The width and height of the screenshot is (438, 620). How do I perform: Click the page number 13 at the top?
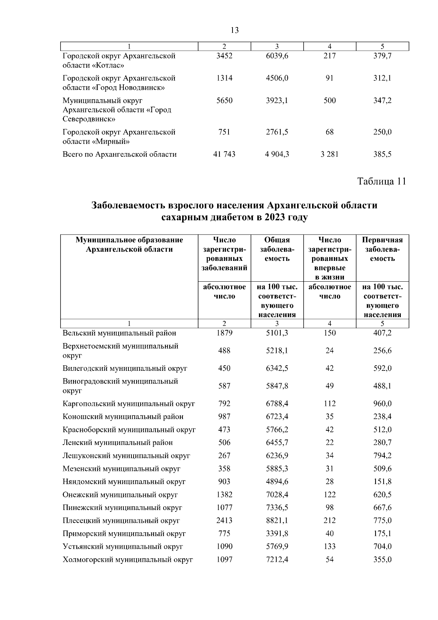point(235,30)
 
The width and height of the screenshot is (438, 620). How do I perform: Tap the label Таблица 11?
point(381,181)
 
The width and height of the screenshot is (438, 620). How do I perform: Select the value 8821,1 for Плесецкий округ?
point(277,521)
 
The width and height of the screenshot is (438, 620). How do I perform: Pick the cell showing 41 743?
point(224,154)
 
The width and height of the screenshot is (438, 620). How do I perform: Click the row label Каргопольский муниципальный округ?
point(129,404)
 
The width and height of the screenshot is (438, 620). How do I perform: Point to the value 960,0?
point(382,404)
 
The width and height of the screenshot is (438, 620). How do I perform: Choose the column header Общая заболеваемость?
point(277,249)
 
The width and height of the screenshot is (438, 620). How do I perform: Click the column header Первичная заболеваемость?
point(382,249)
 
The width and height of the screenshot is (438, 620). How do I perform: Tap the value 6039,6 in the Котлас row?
point(277,56)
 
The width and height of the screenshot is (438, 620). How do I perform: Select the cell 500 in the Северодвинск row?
point(330,100)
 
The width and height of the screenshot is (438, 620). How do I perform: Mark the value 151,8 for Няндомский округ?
point(382,482)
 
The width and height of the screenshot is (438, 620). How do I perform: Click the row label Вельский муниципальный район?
point(119,333)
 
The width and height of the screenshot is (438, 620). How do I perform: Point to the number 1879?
point(224,333)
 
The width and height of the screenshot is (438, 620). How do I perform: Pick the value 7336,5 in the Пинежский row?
point(277,507)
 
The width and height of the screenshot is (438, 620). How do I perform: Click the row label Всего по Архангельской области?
point(120,154)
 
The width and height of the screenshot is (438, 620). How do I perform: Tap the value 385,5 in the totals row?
point(382,154)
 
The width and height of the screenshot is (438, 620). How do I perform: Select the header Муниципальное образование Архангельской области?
point(129,245)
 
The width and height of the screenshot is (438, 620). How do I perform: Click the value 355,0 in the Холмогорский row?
point(382,559)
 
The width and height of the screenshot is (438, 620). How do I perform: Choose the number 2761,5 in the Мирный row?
point(277,132)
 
